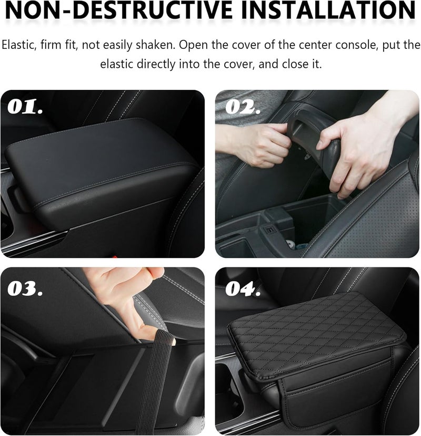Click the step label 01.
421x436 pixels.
pyautogui.click(x=26, y=108)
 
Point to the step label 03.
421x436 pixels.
pyautogui.click(x=26, y=287)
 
